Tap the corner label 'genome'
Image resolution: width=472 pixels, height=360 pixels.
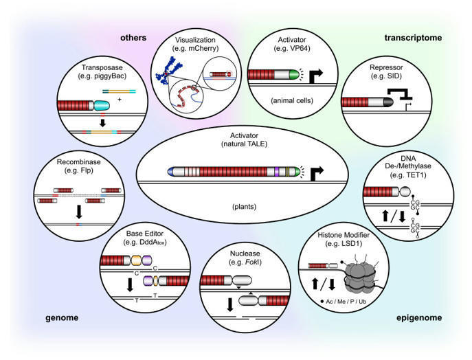(x=60, y=317)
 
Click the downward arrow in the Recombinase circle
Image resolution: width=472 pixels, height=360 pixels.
(x=78, y=210)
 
